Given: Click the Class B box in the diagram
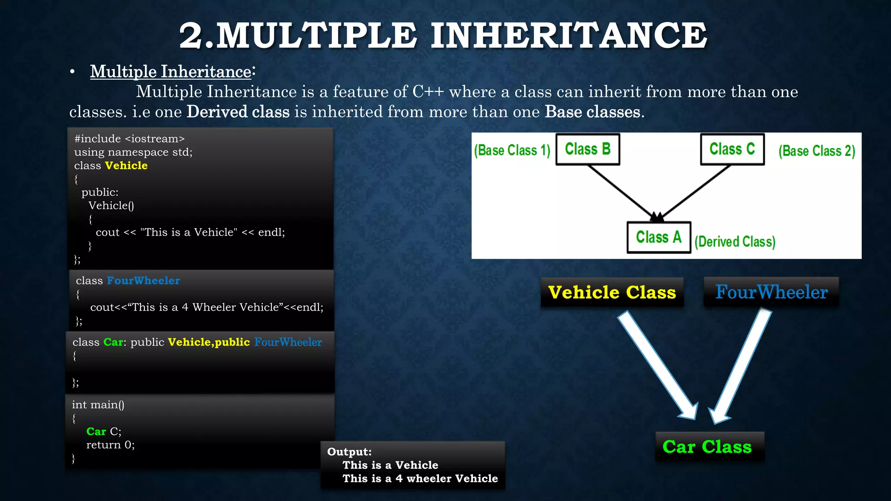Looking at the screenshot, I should [x=588, y=149].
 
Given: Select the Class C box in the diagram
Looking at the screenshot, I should [x=732, y=149].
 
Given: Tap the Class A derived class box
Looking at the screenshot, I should [x=659, y=237].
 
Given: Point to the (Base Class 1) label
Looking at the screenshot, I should [x=512, y=150].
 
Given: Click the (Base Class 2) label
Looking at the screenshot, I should [x=817, y=151].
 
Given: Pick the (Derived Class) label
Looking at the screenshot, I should [x=735, y=241].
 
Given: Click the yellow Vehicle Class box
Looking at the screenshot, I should [x=612, y=292].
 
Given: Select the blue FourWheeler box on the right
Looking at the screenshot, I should [x=771, y=292].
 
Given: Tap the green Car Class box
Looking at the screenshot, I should [x=707, y=447].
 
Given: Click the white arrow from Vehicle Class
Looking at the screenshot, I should [x=657, y=365].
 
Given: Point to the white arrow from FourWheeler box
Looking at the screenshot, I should [x=742, y=365].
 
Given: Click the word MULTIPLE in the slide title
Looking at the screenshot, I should [x=317, y=36].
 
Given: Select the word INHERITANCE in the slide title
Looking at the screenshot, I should [x=569, y=36].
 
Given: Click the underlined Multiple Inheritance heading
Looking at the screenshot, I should [x=171, y=72].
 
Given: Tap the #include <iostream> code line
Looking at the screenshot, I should [x=129, y=139].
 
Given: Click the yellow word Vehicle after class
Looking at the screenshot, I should [x=126, y=166].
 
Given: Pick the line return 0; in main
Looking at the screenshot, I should [x=111, y=445].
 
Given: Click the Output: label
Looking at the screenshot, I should [x=349, y=452].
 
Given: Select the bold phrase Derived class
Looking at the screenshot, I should [x=238, y=112].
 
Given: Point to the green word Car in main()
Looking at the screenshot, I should [x=96, y=431].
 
